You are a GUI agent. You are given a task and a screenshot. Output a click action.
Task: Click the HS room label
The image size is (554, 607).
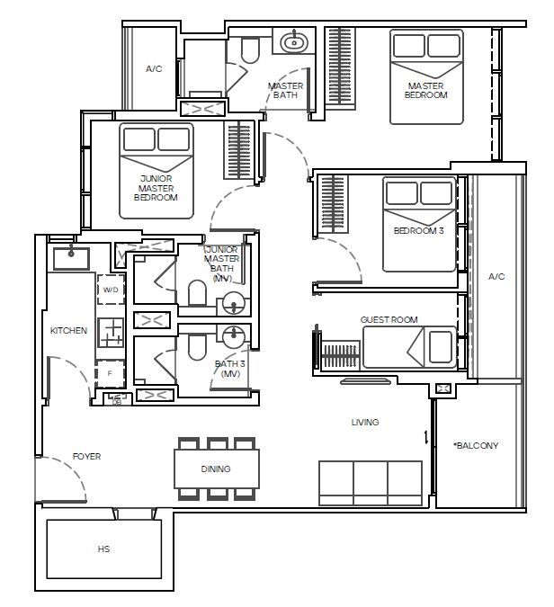[x=103, y=549]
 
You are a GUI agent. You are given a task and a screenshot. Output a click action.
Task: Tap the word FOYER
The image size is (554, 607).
[x=86, y=457]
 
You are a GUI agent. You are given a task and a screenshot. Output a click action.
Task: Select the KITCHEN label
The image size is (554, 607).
[x=68, y=331]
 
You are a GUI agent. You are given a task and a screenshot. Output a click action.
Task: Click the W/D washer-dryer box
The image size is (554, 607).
[x=111, y=290]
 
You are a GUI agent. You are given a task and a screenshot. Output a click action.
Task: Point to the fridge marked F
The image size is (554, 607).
[x=111, y=373]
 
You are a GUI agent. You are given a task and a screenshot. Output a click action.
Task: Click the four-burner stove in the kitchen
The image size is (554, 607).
[x=111, y=332]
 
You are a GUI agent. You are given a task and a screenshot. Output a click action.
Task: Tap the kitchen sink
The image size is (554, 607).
[x=71, y=259]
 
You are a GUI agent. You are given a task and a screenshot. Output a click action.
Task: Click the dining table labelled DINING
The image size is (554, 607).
[x=217, y=469]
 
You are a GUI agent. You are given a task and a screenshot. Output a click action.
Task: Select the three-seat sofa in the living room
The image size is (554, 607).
[x=371, y=483]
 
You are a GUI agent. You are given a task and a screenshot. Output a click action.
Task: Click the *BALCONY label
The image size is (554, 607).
[x=476, y=445]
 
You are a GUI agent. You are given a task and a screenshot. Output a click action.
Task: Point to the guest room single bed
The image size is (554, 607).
[x=409, y=347]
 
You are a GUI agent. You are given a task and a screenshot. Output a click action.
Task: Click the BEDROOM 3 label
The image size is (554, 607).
[x=418, y=231]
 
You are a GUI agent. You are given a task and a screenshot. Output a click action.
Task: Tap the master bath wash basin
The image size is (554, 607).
[x=294, y=41]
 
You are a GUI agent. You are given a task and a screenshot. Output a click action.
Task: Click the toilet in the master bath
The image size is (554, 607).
[x=250, y=50]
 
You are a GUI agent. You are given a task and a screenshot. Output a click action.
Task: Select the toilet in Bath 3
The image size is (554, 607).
[x=197, y=347]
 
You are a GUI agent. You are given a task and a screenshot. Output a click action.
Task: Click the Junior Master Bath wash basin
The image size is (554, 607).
[x=234, y=304]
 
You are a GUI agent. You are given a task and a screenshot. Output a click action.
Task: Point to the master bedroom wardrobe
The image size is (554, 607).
[x=340, y=67]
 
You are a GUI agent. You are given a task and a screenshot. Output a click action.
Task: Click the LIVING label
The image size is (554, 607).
[x=365, y=422]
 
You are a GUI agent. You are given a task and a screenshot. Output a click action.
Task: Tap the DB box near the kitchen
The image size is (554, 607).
[x=117, y=399]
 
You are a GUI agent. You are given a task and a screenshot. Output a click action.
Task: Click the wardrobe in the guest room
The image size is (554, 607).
[x=340, y=354]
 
